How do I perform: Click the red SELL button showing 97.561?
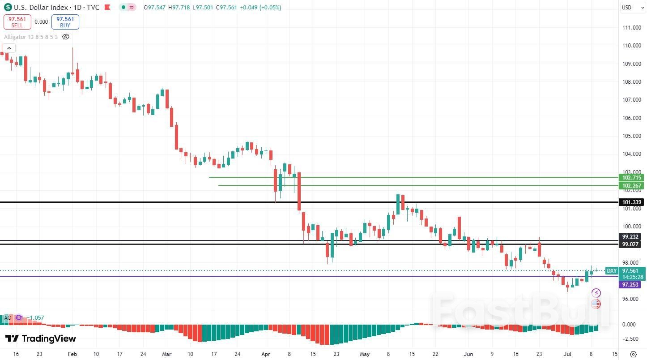tap(17, 22)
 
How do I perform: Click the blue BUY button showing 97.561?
tap(65, 22)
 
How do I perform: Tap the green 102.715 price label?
tap(631, 177)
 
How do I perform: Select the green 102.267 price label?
tap(631, 185)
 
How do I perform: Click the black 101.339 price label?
tap(631, 202)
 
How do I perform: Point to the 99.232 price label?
tap(630, 236)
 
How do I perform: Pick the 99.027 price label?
tap(630, 244)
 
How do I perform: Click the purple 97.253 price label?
tap(630, 284)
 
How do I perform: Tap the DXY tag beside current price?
tap(612, 270)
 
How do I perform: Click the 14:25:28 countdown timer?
tap(633, 277)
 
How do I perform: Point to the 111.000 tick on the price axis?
tap(632, 27)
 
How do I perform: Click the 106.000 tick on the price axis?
tap(632, 118)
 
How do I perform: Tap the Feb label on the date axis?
tap(72, 354)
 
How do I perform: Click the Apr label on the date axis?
tap(266, 354)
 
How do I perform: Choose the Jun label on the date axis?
tap(468, 354)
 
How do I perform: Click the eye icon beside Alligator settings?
tap(66, 37)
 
